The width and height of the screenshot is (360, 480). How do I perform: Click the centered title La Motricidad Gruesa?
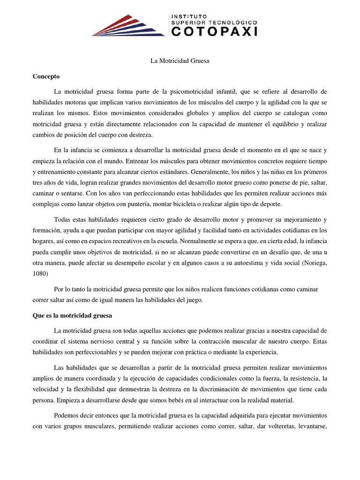pyautogui.click(x=180, y=61)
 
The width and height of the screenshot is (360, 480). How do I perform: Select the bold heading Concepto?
pyautogui.click(x=46, y=76)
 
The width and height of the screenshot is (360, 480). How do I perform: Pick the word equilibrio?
pyautogui.click(x=283, y=124)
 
